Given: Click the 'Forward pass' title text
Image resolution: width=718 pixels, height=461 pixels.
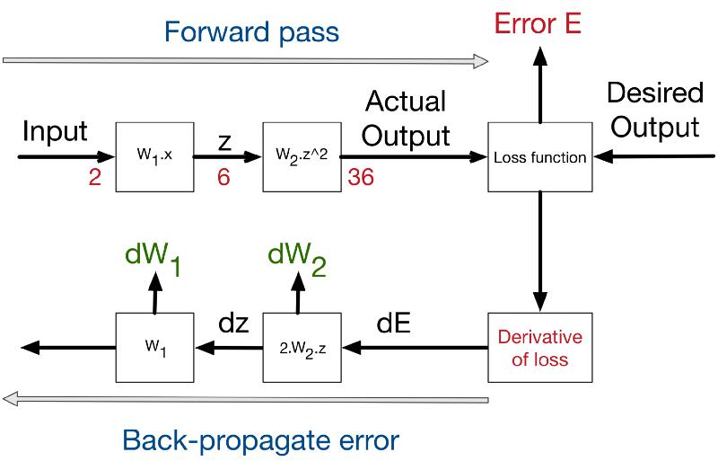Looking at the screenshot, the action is tap(251, 33).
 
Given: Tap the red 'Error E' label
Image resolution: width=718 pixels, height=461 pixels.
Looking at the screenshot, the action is tap(538, 23).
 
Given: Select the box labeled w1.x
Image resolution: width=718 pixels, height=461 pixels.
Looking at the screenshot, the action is tap(154, 157).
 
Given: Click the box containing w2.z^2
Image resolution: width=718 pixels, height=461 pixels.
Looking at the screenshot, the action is tap(302, 157).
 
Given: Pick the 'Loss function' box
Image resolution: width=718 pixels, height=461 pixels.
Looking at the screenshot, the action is tap(540, 157).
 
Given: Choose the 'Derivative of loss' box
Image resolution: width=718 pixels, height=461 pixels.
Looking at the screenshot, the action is tap(540, 348).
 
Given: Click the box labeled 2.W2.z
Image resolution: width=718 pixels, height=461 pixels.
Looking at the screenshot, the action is tap(302, 348).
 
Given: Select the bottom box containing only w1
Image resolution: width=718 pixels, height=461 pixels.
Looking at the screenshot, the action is tap(154, 348).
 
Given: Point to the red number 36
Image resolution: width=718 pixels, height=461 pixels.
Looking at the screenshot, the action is tap(361, 177).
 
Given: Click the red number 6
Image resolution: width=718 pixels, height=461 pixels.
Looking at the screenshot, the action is tap(223, 177).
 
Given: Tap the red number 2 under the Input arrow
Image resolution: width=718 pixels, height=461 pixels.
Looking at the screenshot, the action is tap(95, 177).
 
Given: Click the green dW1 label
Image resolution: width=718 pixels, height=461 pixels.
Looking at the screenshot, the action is tap(153, 257).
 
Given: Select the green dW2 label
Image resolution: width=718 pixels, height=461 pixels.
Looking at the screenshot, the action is tap(297, 257).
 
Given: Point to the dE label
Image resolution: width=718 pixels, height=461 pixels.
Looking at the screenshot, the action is tap(393, 324).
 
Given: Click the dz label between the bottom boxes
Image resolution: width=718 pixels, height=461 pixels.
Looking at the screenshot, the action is tap(233, 324).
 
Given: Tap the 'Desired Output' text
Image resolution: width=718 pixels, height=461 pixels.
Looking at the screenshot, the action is tap(655, 110).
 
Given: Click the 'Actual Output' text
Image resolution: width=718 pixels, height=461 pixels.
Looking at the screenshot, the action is tap(406, 119).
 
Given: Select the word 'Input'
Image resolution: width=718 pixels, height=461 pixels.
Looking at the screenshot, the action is tap(55, 131).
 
